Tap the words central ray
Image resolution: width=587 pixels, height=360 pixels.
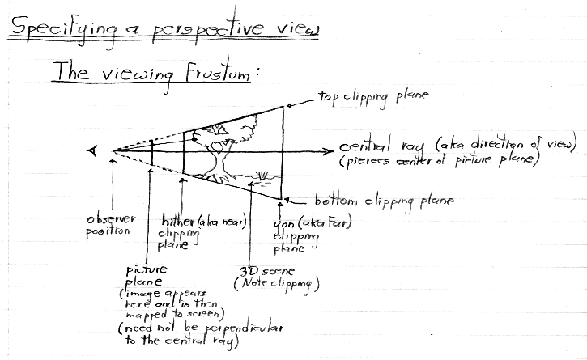[383, 148]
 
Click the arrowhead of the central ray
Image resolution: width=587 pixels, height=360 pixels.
[328, 150]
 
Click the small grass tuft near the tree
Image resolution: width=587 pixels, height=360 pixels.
[261, 172]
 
